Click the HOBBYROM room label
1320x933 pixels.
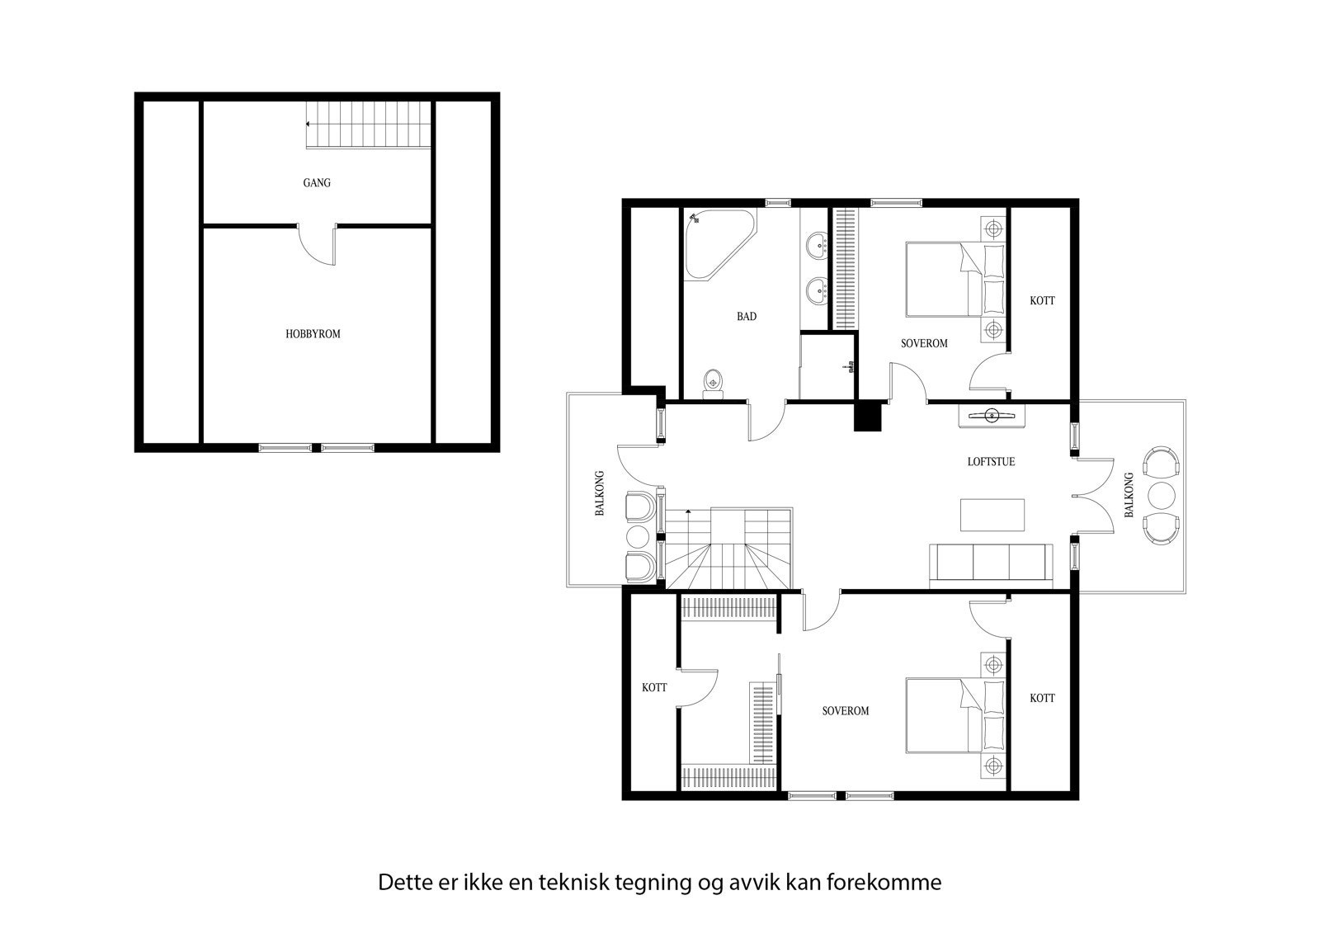[313, 334]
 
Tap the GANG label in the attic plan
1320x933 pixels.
[317, 182]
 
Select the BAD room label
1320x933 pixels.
[747, 316]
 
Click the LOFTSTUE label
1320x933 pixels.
[991, 461]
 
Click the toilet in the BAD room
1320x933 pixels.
[713, 384]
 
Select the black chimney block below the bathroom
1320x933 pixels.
[867, 417]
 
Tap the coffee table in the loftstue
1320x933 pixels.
[993, 516]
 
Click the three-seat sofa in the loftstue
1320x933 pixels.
[991, 565]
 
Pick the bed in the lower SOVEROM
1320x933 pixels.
[949, 715]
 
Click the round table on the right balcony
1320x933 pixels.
[1161, 495]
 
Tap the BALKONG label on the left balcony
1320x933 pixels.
[601, 493]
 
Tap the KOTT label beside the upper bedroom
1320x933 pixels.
[1042, 301]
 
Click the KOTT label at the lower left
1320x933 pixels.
[654, 687]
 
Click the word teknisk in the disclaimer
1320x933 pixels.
[574, 882]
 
